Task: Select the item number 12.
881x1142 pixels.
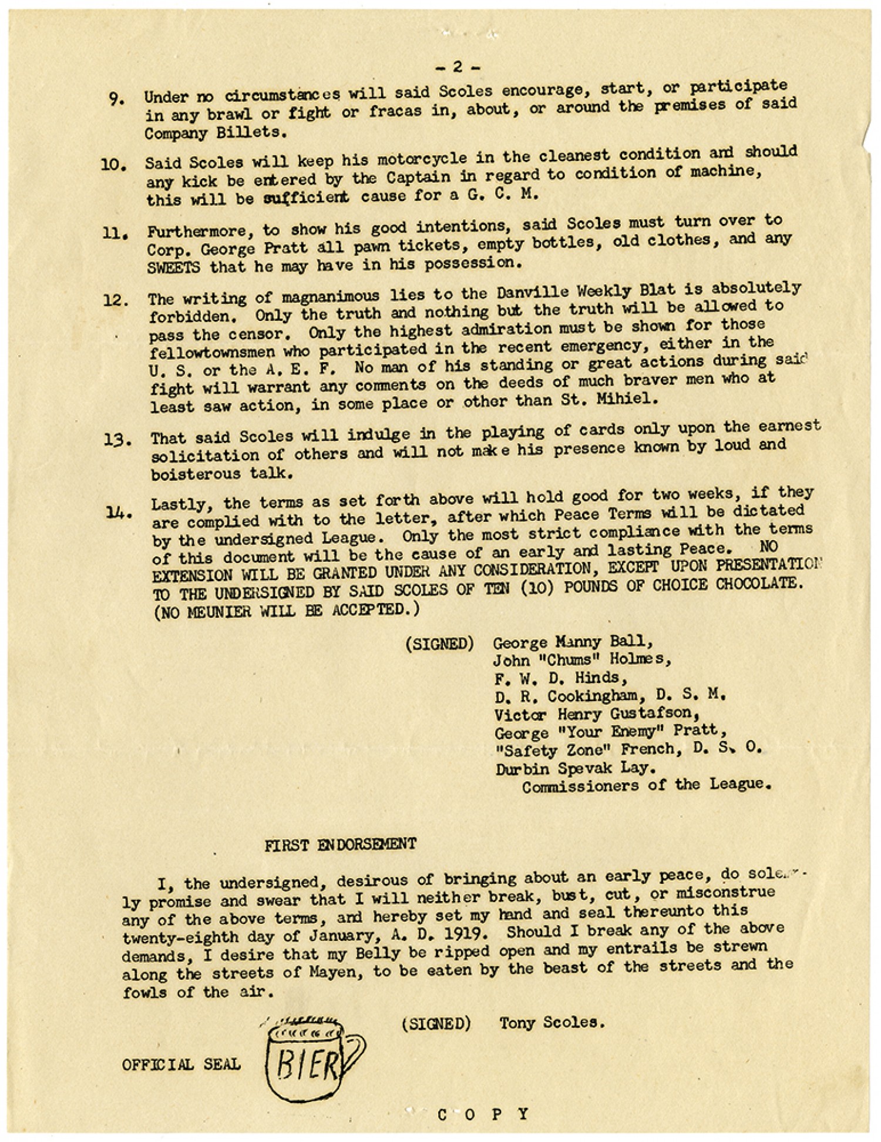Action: pos(116,300)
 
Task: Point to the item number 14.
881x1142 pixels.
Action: pos(118,513)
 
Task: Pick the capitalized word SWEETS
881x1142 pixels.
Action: pos(173,267)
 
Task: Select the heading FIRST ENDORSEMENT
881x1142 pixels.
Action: pos(340,845)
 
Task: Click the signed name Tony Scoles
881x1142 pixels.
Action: pos(552,1023)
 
